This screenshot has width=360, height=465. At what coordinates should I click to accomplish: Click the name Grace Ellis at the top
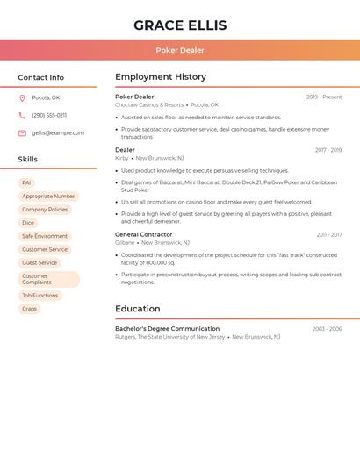(x=180, y=25)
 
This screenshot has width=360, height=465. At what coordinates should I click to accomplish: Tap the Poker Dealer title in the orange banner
(x=180, y=50)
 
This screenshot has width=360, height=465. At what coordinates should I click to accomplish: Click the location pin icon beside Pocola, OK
(x=22, y=97)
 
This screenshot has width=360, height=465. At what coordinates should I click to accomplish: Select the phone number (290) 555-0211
(x=49, y=115)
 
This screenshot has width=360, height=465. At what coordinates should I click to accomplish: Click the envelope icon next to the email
(x=22, y=132)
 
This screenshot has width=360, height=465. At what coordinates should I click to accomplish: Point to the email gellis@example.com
(x=58, y=132)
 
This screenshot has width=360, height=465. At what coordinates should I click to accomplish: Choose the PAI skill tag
(x=26, y=182)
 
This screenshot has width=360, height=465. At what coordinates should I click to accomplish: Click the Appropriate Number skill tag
(x=48, y=197)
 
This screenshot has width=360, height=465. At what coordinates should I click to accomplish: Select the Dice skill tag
(x=28, y=223)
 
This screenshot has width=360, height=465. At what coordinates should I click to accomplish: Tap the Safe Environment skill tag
(x=45, y=236)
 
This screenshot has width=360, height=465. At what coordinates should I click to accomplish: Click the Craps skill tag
(x=29, y=309)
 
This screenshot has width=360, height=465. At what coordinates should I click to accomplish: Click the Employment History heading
(x=161, y=76)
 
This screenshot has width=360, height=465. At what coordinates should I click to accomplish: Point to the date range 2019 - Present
(x=324, y=97)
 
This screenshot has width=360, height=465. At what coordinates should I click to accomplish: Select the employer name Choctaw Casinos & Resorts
(x=149, y=104)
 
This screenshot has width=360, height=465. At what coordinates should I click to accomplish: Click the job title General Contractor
(x=143, y=234)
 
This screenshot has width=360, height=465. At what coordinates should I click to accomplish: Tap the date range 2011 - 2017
(x=329, y=234)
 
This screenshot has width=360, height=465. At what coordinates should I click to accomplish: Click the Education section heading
(x=137, y=308)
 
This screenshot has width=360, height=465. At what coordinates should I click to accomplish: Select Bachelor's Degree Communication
(x=167, y=328)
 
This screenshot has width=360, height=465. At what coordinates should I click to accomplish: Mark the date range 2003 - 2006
(x=327, y=328)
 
